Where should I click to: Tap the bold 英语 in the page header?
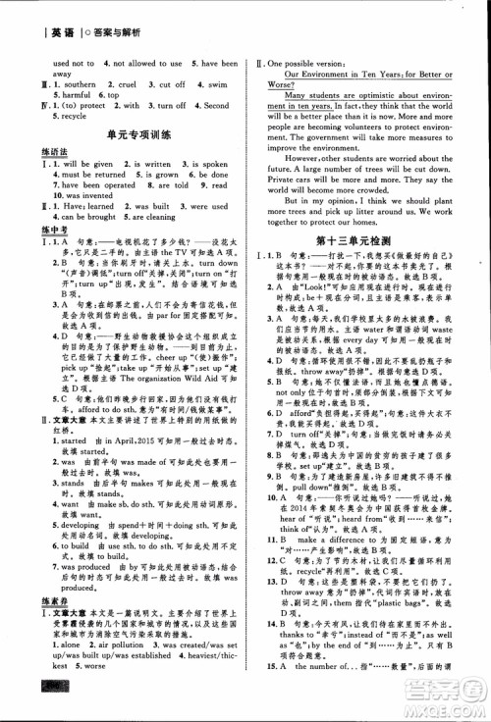point(41,13)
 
